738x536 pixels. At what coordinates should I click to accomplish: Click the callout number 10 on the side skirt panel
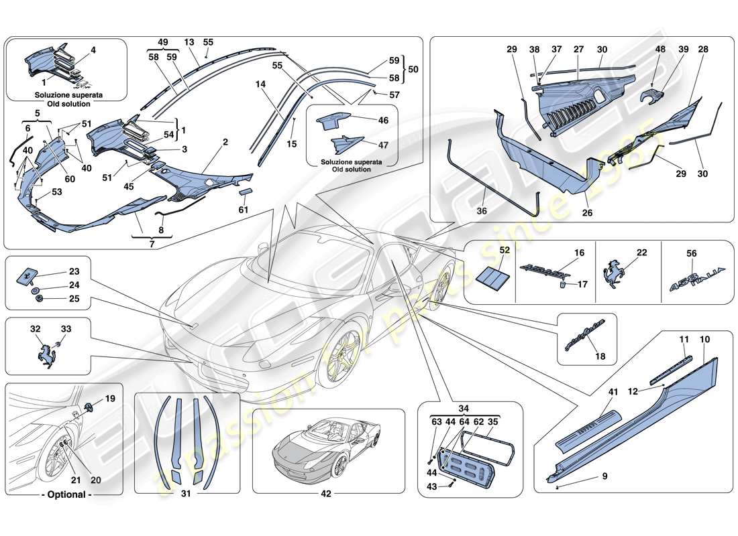click(x=704, y=340)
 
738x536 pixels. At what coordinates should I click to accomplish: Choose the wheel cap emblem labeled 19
click(x=90, y=408)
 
